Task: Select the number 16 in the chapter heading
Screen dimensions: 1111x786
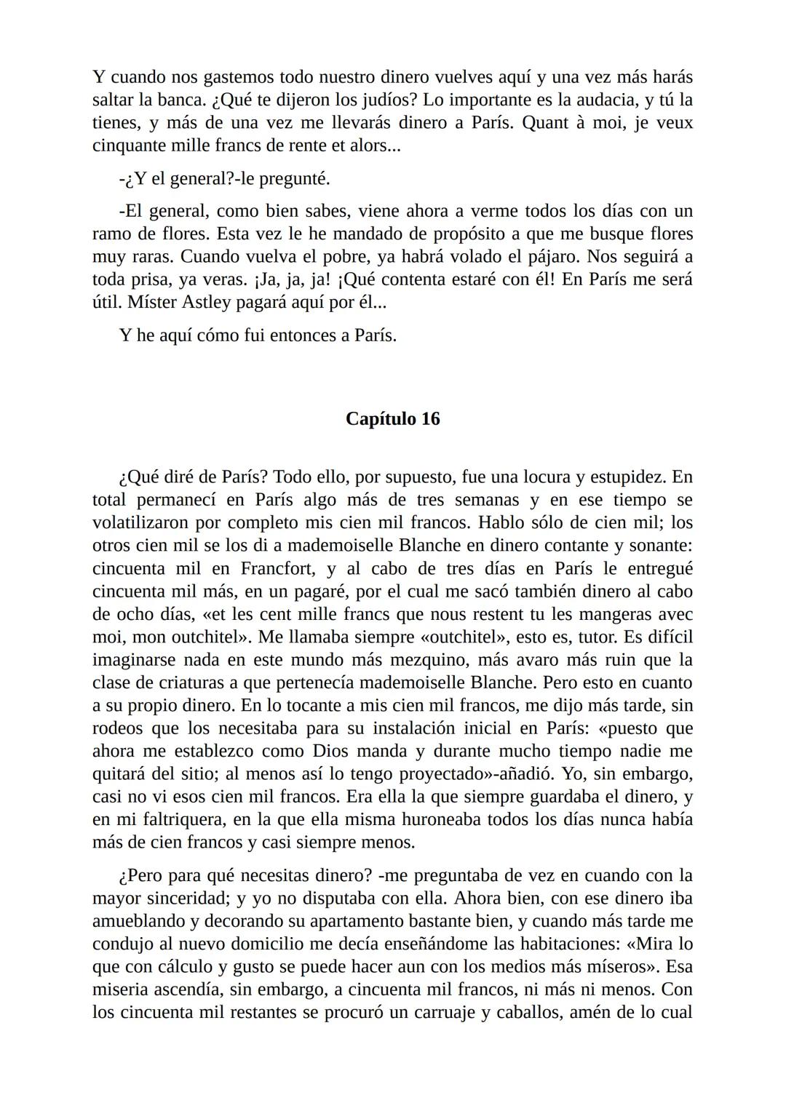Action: pos(429,419)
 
